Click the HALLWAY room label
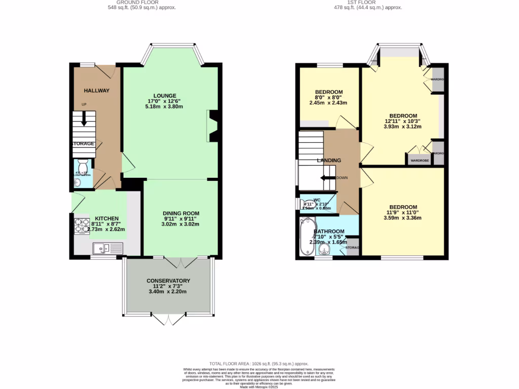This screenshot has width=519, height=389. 96,91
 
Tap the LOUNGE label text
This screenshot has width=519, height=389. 165,95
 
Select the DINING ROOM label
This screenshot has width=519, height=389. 180,213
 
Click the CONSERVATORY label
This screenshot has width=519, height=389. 168,281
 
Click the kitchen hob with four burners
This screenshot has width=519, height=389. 82,225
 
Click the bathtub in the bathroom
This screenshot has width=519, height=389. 307,237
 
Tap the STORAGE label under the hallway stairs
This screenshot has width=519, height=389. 83,144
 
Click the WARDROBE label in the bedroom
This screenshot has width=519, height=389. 419,161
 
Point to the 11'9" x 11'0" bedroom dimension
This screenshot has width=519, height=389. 403,212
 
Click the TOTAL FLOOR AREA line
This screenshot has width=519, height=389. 259,364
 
